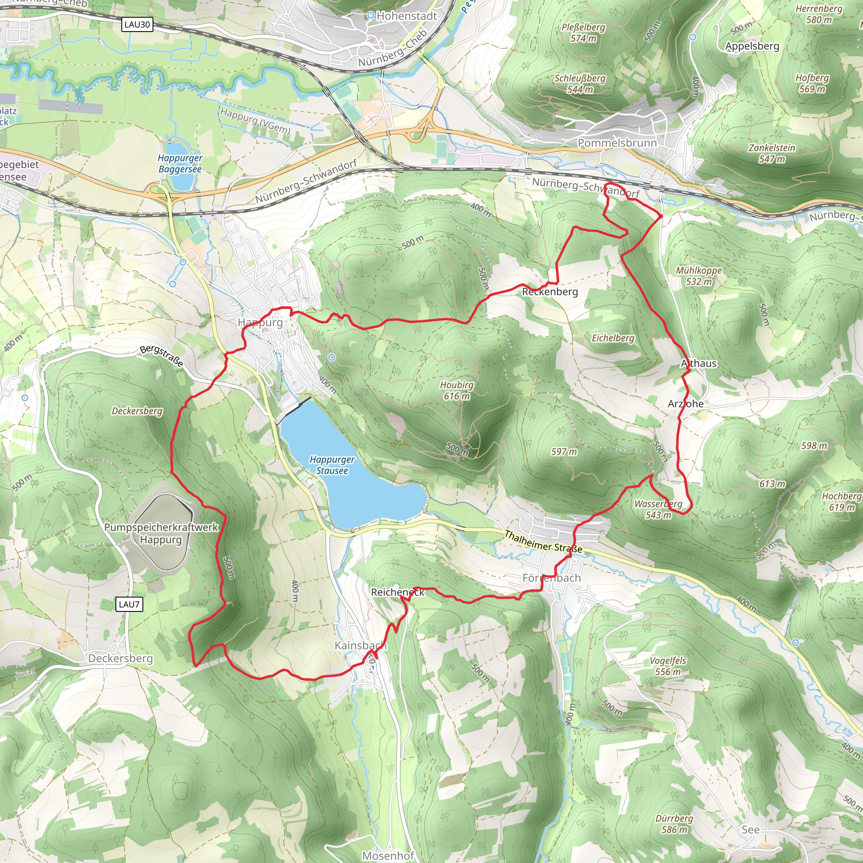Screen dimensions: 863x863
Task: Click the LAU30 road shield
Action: click(x=137, y=24)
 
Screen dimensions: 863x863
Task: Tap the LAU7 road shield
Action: click(x=129, y=604)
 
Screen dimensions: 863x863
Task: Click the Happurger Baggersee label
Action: click(x=180, y=163)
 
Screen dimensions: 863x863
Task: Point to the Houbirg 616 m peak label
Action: click(x=456, y=390)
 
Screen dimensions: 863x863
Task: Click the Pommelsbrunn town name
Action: click(x=617, y=143)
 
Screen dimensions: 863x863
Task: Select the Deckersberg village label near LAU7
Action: click(x=120, y=659)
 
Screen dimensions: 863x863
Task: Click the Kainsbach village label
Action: click(x=360, y=646)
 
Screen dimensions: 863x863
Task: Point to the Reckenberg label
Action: click(x=550, y=292)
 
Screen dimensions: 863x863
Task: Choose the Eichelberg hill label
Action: click(x=613, y=338)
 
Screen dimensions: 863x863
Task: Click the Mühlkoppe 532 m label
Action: click(x=699, y=276)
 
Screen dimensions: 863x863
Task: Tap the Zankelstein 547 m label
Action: click(x=772, y=153)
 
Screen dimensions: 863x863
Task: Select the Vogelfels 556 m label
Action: click(x=668, y=666)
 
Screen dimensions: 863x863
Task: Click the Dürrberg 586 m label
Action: click(x=674, y=824)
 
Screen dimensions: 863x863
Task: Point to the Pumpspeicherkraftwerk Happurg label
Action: click(x=161, y=533)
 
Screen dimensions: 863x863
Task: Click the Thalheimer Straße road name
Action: click(x=543, y=541)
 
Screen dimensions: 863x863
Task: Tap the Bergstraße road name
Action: click(x=162, y=356)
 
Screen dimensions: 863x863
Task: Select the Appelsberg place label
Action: click(x=752, y=46)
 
